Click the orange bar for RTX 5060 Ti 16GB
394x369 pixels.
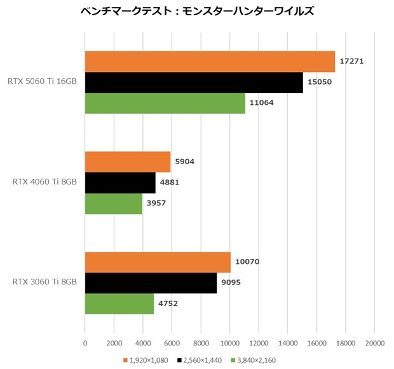(210, 61)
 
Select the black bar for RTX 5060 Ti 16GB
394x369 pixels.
(194, 82)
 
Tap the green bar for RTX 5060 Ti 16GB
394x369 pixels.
(165, 103)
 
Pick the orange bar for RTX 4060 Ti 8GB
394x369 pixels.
(128, 162)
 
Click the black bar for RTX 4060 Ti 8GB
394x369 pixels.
(120, 183)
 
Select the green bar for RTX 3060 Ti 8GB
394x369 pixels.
(119, 303)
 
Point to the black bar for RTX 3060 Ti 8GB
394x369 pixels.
(151, 282)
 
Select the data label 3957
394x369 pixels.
(157, 204)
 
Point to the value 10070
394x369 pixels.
(247, 261)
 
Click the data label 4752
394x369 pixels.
(168, 303)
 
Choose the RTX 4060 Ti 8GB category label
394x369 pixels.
(44, 183)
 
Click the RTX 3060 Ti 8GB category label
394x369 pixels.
(44, 282)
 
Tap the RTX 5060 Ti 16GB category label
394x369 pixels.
(43, 82)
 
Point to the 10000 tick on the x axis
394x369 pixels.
(229, 344)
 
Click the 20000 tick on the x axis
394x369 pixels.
(374, 344)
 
